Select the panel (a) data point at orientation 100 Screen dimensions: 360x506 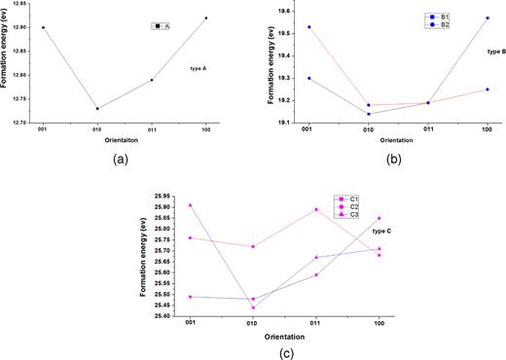(x=206, y=18)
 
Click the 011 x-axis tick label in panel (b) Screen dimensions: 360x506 (x=427, y=126)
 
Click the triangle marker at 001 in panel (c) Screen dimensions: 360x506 (x=189, y=204)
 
